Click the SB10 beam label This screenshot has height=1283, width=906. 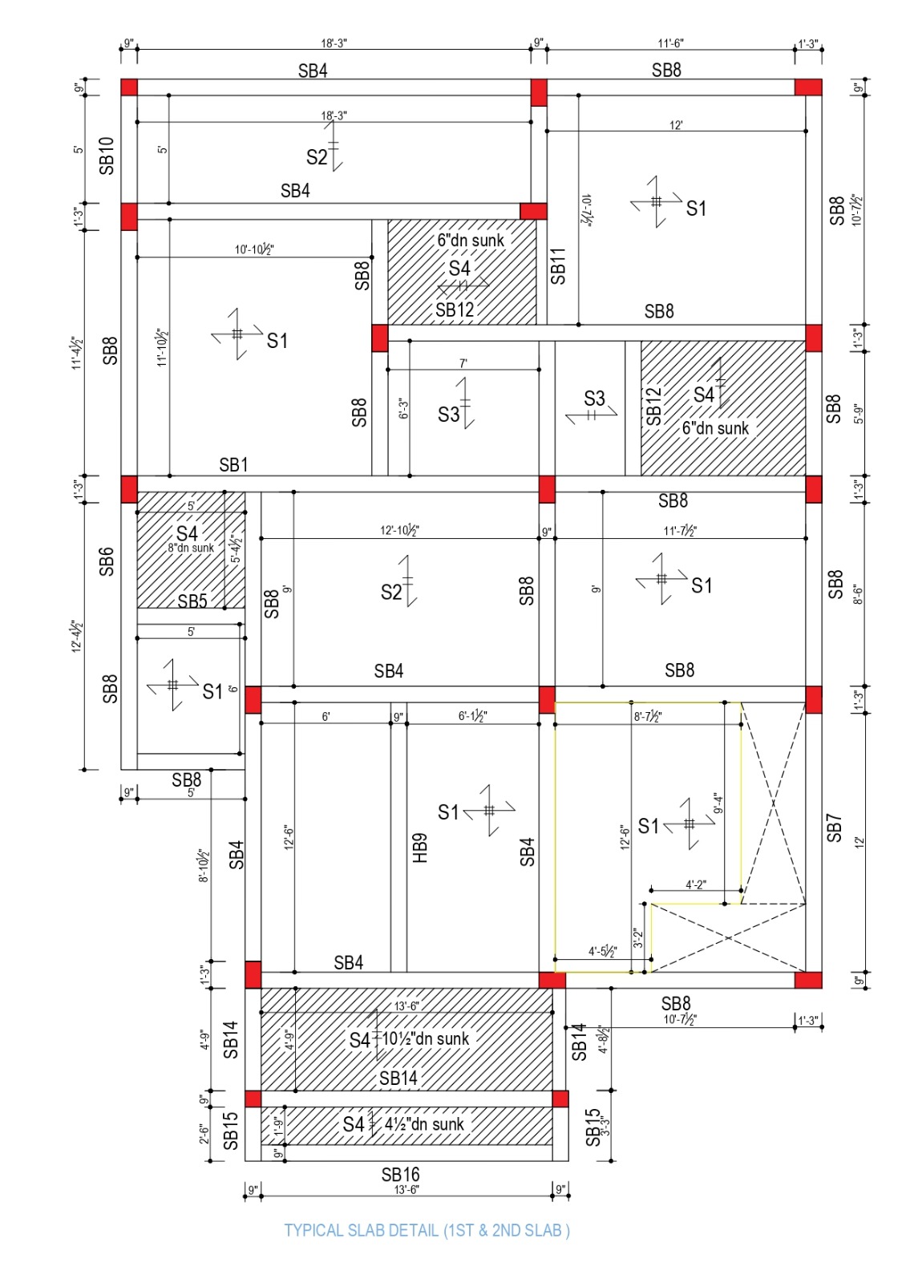click(107, 156)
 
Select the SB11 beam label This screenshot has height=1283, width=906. click(558, 265)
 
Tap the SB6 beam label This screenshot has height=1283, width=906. click(107, 561)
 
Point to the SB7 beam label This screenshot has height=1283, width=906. click(834, 828)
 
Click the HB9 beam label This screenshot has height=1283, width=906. click(420, 848)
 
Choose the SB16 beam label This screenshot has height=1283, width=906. click(401, 1175)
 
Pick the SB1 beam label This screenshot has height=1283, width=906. click(233, 464)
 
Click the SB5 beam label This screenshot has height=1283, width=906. click(192, 601)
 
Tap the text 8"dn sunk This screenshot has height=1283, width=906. click(191, 548)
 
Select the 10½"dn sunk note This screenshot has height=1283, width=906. click(425, 1038)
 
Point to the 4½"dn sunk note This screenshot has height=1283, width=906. click(424, 1123)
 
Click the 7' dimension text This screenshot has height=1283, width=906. click(463, 363)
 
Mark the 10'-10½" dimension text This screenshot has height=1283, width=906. click(254, 249)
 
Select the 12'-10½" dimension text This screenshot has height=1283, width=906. click(400, 530)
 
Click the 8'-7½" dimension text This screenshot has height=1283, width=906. click(648, 717)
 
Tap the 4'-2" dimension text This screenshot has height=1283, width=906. click(696, 884)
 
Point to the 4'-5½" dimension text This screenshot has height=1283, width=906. click(602, 951)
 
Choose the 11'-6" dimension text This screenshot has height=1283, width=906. click(670, 43)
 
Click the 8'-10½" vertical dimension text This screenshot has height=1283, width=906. click(204, 865)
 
